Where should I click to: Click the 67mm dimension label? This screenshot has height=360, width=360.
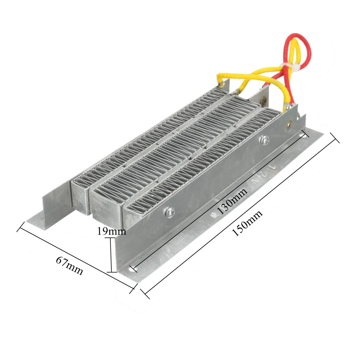(x=69, y=265)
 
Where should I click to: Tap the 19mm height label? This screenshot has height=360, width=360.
(x=111, y=231)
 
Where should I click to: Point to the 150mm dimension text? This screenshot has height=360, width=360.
(x=247, y=223)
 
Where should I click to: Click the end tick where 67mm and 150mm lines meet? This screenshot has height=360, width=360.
(x=132, y=290)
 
